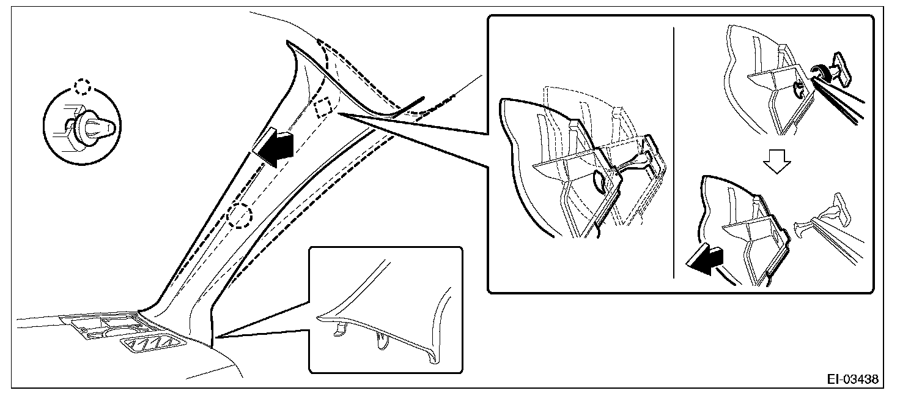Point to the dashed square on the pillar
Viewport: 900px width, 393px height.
tap(322, 107)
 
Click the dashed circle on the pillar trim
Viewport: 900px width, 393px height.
tap(240, 215)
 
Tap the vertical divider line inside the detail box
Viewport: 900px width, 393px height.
tap(673, 153)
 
